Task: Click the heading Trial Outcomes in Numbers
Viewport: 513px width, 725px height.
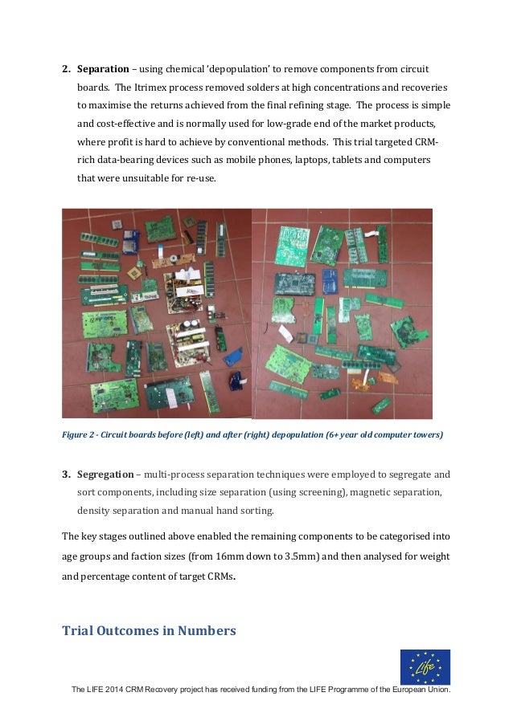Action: [149, 630]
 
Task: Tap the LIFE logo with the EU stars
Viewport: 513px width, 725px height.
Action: [425, 667]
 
